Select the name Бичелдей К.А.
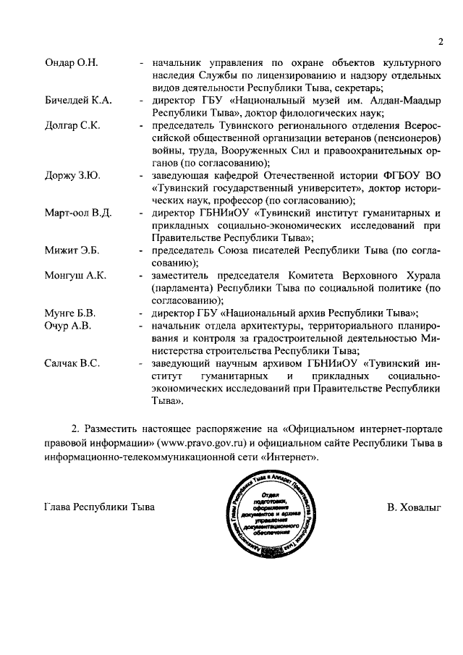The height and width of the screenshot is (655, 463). point(77,100)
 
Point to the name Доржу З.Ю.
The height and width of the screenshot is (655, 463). point(72,175)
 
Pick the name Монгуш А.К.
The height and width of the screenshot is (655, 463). point(75,276)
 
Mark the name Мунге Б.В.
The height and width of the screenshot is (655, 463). point(70,313)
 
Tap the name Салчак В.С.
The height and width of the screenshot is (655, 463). point(72,363)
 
